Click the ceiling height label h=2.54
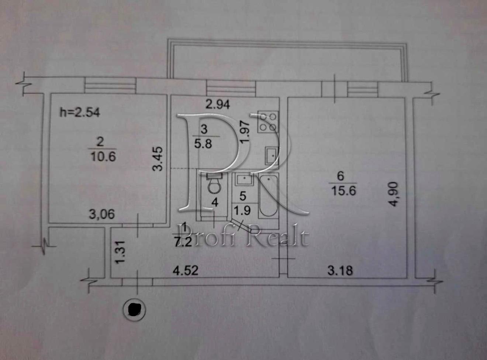[x=80, y=112]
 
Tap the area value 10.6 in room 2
[x=103, y=157]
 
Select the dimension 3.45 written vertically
[x=158, y=159]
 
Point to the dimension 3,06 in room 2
[x=102, y=214]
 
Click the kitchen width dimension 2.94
[x=218, y=104]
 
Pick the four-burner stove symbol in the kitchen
[x=268, y=122]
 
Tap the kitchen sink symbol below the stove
[x=272, y=156]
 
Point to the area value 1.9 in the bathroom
[x=242, y=210]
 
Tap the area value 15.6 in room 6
[x=343, y=191]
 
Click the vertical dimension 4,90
[x=393, y=194]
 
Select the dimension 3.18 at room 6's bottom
[x=340, y=270]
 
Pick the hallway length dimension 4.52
[x=186, y=270]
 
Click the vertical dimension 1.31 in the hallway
[x=120, y=252]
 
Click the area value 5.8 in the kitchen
[x=203, y=144]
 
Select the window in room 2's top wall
[x=110, y=86]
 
